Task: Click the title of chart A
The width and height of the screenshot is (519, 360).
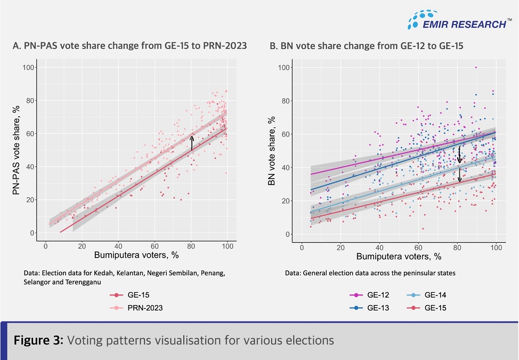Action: click(x=129, y=46)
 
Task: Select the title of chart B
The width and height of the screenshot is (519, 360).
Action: click(x=366, y=46)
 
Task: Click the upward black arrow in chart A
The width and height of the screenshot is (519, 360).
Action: click(x=192, y=143)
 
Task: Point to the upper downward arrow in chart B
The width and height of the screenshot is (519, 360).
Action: click(x=460, y=155)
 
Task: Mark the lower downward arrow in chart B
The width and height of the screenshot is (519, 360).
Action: click(x=460, y=175)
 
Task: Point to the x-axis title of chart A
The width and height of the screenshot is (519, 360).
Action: click(x=136, y=256)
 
